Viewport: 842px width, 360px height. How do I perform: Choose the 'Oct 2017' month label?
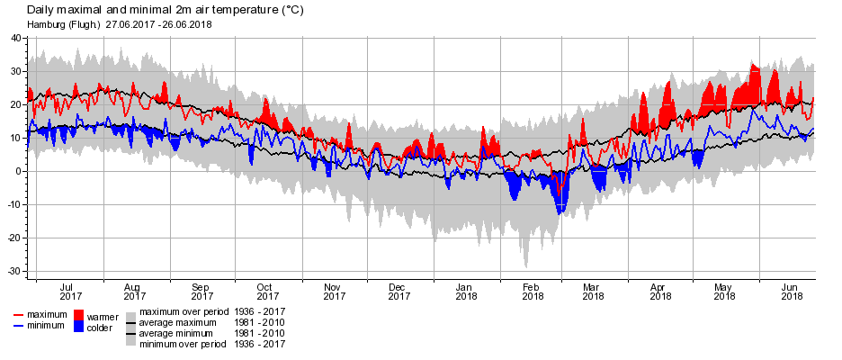(266, 291)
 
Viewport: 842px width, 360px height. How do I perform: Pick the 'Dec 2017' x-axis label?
(399, 291)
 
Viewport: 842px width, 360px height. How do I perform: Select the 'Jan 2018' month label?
(466, 291)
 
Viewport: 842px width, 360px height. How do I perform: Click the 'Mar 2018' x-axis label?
(593, 291)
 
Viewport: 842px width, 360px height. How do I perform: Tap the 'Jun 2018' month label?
(792, 291)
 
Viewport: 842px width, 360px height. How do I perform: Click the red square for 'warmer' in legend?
(78, 315)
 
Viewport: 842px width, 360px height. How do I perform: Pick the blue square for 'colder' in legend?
(78, 327)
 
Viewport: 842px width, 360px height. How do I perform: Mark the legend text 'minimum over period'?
(183, 344)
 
